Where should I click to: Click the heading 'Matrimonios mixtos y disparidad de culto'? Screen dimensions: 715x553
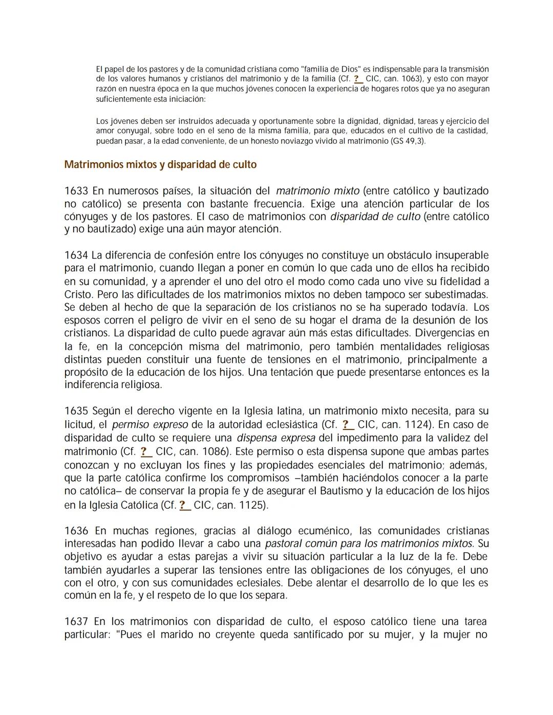click(x=160, y=165)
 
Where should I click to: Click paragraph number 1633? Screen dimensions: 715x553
click(x=76, y=191)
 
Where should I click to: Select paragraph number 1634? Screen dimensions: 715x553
click(x=76, y=255)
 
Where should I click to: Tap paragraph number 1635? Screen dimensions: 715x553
click(x=76, y=411)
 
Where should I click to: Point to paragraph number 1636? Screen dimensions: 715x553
click(x=76, y=531)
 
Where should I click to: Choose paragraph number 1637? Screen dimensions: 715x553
click(x=76, y=622)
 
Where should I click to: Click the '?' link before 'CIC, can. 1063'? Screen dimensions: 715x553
click(x=358, y=79)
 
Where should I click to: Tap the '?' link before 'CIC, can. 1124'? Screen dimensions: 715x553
click(x=348, y=424)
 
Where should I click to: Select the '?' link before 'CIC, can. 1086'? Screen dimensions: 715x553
click(x=146, y=451)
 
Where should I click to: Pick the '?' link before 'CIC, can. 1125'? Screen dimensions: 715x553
click(x=184, y=505)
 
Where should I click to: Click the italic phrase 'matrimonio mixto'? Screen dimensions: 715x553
click(x=317, y=191)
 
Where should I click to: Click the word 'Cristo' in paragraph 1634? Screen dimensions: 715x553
click(x=78, y=295)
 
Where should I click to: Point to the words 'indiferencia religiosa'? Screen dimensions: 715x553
click(x=113, y=384)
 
